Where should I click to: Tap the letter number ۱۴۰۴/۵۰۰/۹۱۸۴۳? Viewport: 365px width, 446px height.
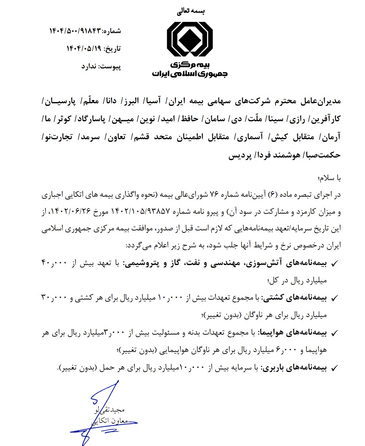[x=75, y=31]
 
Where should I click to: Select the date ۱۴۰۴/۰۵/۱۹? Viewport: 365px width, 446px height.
[x=84, y=49]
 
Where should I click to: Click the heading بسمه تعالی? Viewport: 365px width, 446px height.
[x=191, y=11]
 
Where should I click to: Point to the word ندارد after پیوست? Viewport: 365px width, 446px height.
[x=89, y=67]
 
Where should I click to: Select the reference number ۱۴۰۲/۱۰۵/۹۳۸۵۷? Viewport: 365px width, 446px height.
[x=143, y=212]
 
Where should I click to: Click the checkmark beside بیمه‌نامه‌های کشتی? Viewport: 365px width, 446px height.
[x=335, y=298]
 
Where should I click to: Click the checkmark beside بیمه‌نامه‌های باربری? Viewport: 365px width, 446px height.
[x=335, y=368]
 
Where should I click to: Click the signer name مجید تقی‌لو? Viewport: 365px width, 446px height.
[x=109, y=410]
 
